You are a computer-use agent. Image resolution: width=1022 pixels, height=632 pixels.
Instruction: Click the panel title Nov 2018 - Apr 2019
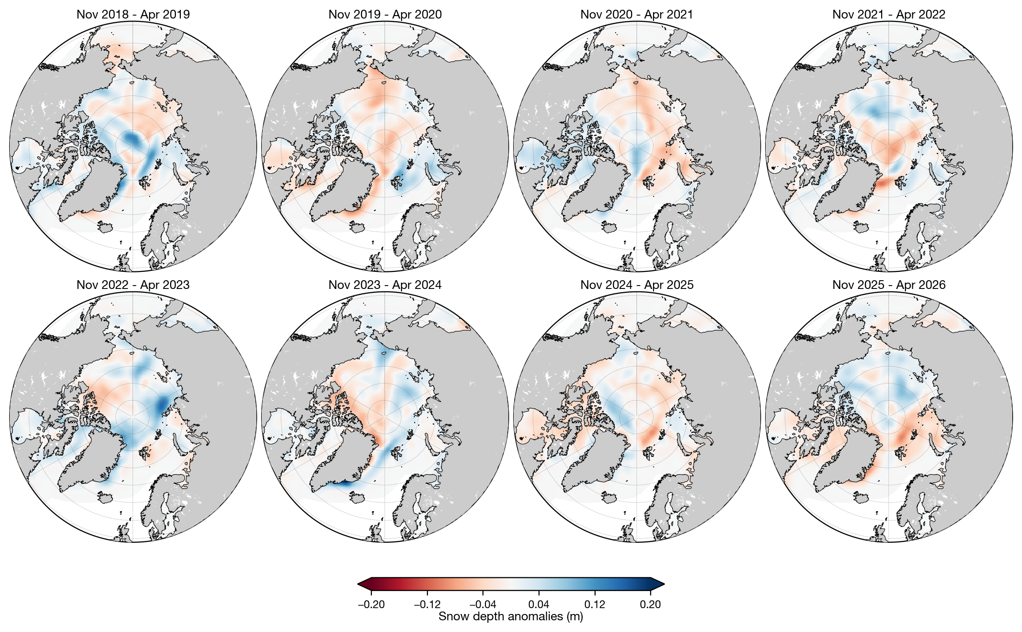click(x=133, y=15)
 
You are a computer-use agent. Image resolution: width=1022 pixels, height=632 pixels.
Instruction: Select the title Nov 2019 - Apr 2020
click(x=385, y=15)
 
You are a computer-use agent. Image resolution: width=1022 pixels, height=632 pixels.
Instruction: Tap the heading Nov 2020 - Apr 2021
click(x=636, y=15)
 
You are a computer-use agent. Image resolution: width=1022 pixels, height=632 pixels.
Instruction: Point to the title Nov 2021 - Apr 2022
click(x=888, y=15)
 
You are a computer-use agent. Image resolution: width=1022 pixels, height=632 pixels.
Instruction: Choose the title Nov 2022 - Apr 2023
click(x=133, y=285)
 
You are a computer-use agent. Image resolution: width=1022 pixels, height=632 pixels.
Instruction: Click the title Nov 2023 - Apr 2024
click(x=385, y=285)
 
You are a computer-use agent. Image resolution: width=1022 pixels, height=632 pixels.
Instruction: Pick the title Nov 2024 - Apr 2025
click(x=636, y=285)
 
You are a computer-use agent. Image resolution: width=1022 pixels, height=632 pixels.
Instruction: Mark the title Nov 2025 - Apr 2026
click(x=888, y=285)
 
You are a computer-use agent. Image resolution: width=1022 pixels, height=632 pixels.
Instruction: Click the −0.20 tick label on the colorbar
click(x=371, y=605)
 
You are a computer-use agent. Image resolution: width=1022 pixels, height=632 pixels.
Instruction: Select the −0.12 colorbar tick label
click(x=427, y=605)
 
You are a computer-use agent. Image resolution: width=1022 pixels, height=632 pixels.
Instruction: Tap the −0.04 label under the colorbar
click(x=483, y=605)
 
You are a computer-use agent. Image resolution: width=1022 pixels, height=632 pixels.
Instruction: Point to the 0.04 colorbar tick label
click(x=539, y=605)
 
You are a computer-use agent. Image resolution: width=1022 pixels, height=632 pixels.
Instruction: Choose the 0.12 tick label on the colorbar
click(x=595, y=605)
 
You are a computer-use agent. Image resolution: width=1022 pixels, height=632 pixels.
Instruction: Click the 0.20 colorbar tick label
click(x=651, y=605)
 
